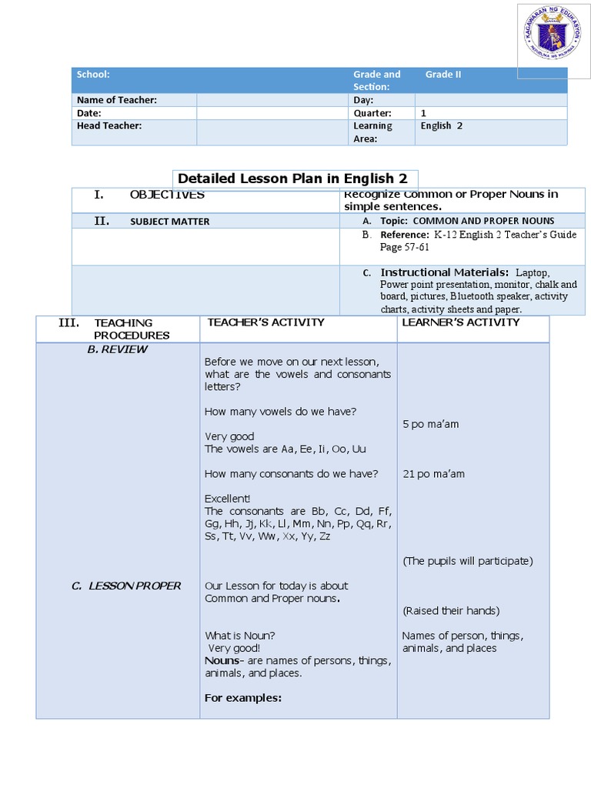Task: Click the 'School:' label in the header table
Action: pos(92,75)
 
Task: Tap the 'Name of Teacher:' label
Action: pos(116,100)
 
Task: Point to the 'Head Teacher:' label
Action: pos(109,125)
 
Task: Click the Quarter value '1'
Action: pos(423,112)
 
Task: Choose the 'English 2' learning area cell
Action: pos(441,125)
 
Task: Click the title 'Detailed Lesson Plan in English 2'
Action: pos(292,179)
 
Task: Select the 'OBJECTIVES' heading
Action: pos(167,195)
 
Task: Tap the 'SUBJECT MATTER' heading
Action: pos(169,222)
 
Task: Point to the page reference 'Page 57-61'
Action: pos(404,247)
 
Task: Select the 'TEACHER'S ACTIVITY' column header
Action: pos(265,322)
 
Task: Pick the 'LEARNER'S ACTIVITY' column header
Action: pos(461,322)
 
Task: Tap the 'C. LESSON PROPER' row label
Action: pos(126,586)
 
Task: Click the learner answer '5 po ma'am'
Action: pos(430,424)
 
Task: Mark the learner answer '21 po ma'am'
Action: pos(433,474)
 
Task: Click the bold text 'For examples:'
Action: pos(242,698)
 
